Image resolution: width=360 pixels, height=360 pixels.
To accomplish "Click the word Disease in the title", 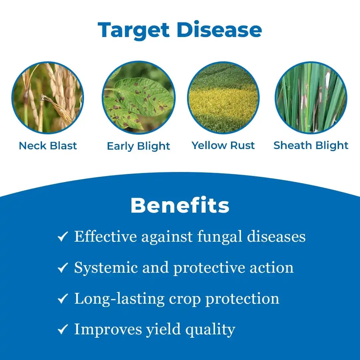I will point(219,30).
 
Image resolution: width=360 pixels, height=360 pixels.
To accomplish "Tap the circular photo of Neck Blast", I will point(47,98).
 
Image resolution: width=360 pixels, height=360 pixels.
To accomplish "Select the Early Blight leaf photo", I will point(138,98).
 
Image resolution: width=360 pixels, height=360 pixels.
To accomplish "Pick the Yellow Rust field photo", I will point(223,98).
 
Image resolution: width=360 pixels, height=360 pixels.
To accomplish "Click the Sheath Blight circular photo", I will point(311,98).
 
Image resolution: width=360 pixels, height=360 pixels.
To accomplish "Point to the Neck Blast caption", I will point(48,146).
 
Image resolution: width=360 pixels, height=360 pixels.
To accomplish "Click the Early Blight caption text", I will point(138,146).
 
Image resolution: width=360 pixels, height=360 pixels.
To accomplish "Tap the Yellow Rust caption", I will point(223,145).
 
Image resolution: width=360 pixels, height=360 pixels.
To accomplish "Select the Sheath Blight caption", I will point(311,145).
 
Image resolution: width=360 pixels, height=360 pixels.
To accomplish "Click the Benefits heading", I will point(180,206).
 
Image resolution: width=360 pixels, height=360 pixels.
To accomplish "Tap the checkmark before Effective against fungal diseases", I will point(63,237).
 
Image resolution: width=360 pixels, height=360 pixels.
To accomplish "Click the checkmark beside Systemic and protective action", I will point(63,268).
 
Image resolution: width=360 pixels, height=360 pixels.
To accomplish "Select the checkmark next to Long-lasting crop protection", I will point(63,299).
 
